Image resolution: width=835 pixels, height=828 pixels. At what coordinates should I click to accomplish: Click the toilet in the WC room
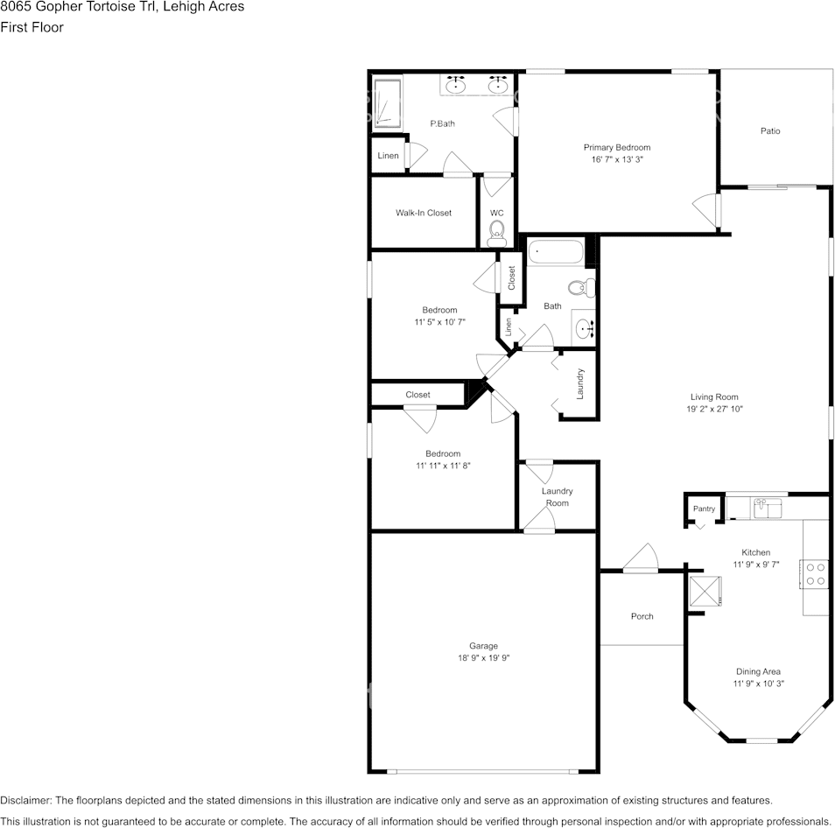click(497, 233)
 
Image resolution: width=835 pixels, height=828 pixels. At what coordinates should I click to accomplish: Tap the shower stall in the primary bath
click(388, 104)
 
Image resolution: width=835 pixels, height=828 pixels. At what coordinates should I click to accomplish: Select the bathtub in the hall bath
click(556, 252)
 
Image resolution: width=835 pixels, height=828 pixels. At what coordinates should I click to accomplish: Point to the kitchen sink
click(767, 508)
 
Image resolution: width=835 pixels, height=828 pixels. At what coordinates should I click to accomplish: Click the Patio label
click(770, 131)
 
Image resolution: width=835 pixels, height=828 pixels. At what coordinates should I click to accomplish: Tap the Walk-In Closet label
click(424, 213)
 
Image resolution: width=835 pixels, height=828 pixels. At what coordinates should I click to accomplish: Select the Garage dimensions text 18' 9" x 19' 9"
click(483, 657)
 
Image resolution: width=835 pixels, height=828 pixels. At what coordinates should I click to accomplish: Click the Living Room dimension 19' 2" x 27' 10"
click(714, 409)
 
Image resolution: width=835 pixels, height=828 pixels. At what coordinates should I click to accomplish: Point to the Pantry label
click(704, 509)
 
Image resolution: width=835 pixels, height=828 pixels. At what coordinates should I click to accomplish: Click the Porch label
click(642, 616)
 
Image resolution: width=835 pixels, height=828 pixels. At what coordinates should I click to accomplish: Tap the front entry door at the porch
click(641, 558)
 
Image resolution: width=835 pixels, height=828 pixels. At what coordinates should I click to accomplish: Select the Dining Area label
click(758, 671)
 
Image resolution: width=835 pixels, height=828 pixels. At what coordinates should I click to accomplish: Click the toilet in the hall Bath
click(581, 288)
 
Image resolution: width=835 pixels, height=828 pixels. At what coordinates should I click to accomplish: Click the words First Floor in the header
click(32, 27)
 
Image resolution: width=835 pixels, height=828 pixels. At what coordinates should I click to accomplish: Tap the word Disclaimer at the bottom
click(25, 800)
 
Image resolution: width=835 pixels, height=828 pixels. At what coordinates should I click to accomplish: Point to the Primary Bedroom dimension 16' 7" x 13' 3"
click(617, 159)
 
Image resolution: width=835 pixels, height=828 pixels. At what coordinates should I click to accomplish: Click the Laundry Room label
click(557, 497)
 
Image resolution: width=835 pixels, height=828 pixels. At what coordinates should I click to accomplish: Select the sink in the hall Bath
click(584, 328)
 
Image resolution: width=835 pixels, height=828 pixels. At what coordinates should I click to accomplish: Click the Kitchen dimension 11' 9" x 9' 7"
click(756, 565)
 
